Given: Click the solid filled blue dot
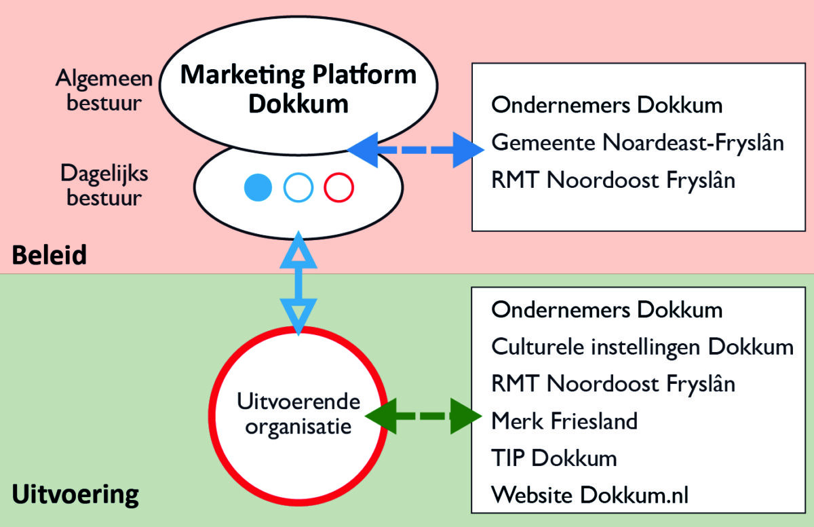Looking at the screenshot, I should click(x=258, y=188).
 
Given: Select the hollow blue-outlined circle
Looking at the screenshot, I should click(x=298, y=188).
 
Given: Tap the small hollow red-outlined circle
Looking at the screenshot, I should click(x=338, y=188).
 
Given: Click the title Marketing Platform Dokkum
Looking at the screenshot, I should click(x=298, y=88).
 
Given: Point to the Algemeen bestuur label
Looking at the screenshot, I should click(x=104, y=91).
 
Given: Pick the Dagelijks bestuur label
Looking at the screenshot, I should click(x=104, y=185).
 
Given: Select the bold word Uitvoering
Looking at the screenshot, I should click(x=75, y=494).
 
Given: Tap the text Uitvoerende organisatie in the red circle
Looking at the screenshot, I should click(x=298, y=414).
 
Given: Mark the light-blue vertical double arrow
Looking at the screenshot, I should click(x=298, y=281).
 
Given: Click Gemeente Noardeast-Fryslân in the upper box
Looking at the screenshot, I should click(x=638, y=143).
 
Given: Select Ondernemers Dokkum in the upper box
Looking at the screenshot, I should click(x=606, y=105).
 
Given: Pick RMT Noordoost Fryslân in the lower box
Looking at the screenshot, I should click(x=613, y=384).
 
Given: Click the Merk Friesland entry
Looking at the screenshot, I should click(x=564, y=421).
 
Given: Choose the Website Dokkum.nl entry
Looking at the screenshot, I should click(x=589, y=494).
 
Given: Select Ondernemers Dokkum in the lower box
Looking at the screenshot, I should click(x=606, y=310).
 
